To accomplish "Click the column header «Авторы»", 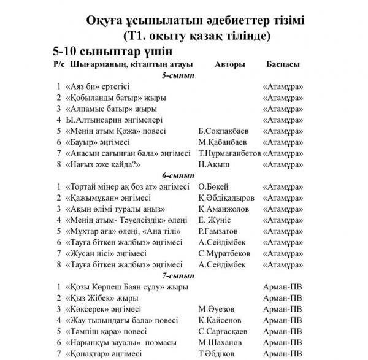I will [x=231, y=64].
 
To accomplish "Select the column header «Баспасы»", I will [x=283, y=64].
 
